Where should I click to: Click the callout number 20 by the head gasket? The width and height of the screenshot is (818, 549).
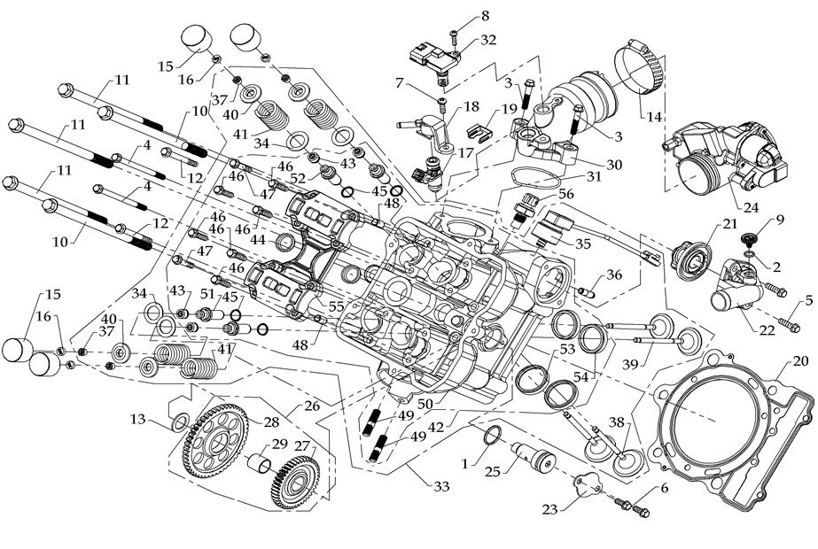(800, 361)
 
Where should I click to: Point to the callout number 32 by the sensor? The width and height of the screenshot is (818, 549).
(487, 40)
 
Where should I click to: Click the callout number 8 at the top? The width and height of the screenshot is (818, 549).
(485, 15)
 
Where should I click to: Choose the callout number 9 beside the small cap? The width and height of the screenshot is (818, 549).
(781, 219)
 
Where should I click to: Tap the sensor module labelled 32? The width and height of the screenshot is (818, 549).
(434, 60)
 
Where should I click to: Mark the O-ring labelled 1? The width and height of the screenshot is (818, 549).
(495, 437)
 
